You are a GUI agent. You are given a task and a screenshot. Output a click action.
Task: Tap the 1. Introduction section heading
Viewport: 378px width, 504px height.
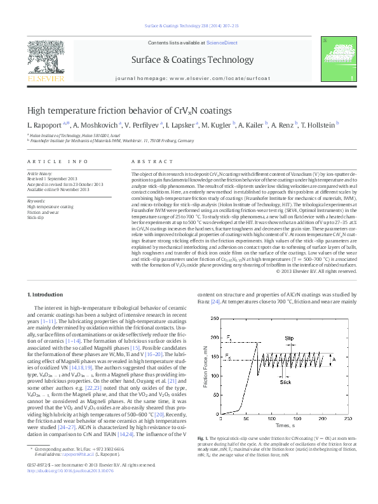47,295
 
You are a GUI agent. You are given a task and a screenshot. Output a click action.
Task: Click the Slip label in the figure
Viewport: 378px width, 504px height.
290,338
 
